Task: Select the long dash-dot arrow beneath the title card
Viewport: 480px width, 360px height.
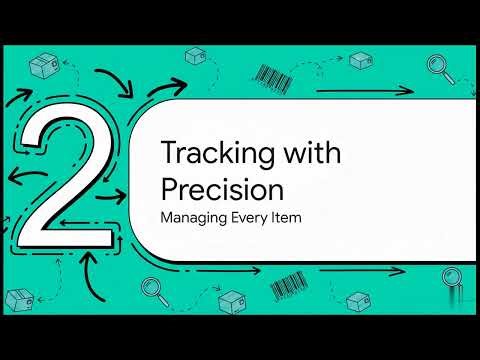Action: (x=300, y=268)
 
